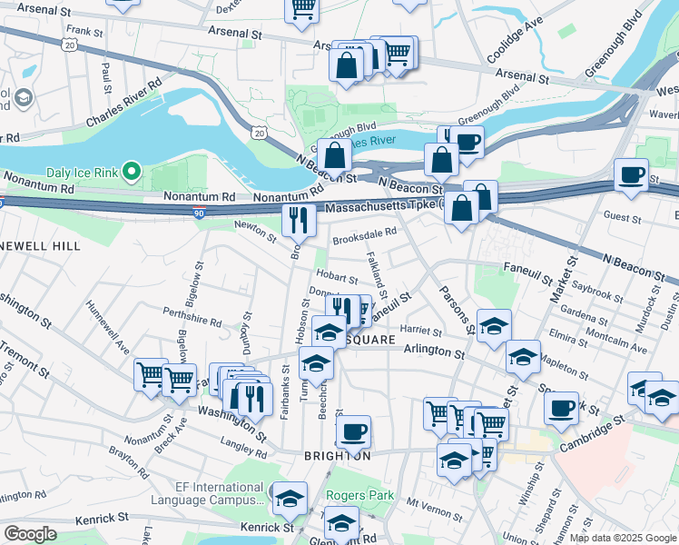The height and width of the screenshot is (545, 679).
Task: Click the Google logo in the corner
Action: click(x=30, y=534)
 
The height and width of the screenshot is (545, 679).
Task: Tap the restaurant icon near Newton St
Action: click(x=299, y=219)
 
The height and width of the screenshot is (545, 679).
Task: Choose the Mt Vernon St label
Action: click(x=428, y=502)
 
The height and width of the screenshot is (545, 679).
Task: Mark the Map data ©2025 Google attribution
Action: click(x=623, y=538)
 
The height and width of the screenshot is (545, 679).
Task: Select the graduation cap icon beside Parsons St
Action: click(x=494, y=325)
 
